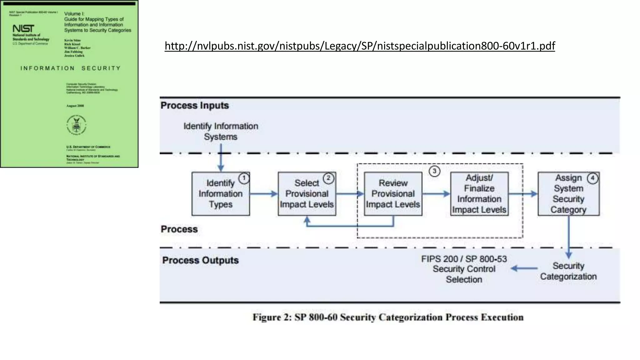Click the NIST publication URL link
[359, 46]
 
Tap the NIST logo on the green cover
[23, 29]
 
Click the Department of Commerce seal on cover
[76, 125]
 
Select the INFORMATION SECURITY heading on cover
[70, 68]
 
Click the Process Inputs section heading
[194, 105]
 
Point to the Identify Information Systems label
[221, 132]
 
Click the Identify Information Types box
[220, 194]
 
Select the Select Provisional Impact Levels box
[307, 194]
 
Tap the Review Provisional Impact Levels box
[393, 194]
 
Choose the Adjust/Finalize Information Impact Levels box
[479, 194]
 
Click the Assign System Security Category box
[568, 194]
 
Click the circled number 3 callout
[434, 171]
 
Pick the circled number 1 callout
[244, 178]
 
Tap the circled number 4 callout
[592, 178]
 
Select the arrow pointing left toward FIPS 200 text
[524, 268]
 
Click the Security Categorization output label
[568, 271]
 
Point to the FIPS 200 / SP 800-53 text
[464, 259]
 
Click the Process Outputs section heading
[200, 260]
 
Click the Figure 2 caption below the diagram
[388, 317]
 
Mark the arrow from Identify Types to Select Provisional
[263, 194]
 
